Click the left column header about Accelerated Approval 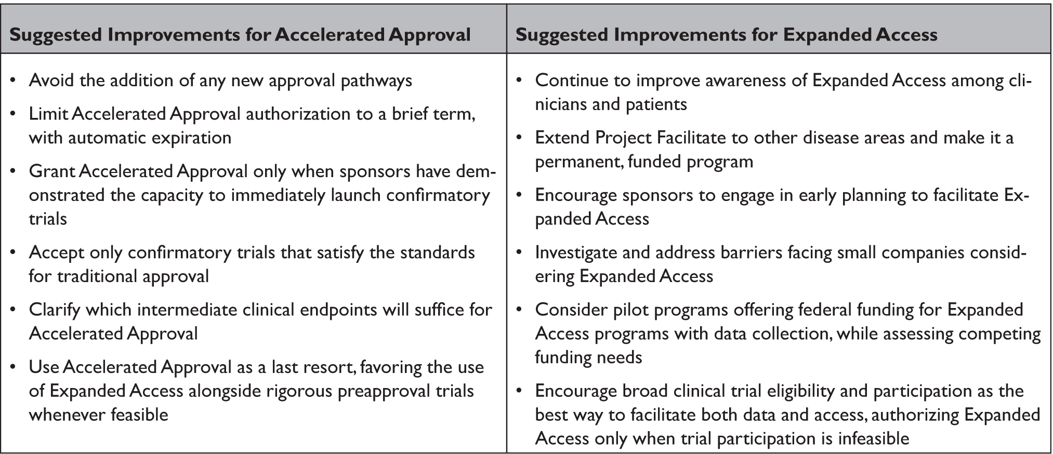pyautogui.click(x=240, y=34)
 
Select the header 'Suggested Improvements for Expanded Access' pyautogui.click(x=726, y=34)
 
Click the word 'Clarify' pyautogui.click(x=54, y=310)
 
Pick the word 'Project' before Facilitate pyautogui.click(x=624, y=138)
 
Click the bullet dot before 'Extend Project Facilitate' pyautogui.click(x=519, y=138)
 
